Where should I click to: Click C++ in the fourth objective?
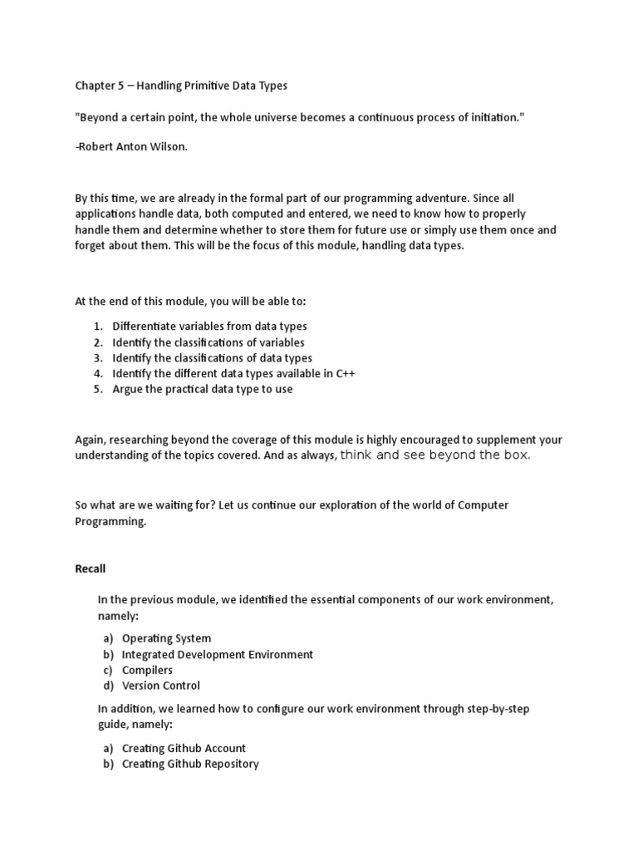coord(345,374)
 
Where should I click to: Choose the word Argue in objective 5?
coord(128,390)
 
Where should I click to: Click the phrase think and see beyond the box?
coord(435,455)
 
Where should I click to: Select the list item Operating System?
coord(166,639)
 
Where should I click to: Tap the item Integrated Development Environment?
coord(217,655)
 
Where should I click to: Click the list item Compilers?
coord(147,671)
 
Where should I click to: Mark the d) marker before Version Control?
coord(108,686)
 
